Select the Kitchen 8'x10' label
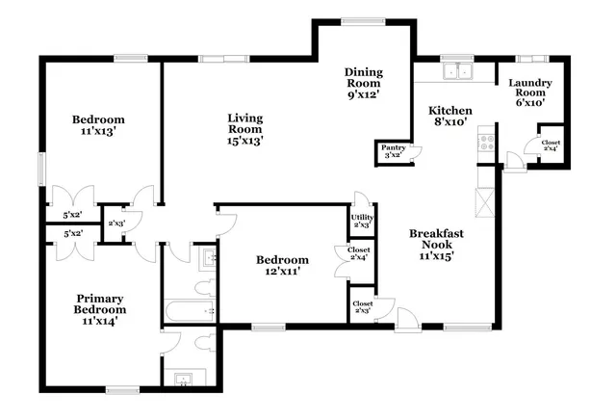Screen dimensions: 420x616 (449, 117)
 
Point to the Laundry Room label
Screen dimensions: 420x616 (529, 89)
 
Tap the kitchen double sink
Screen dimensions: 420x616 (458, 69)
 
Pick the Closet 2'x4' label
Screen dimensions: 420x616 (359, 254)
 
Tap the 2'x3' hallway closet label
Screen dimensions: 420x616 (115, 223)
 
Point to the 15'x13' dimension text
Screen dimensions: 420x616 (244, 140)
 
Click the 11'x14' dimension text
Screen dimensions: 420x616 (100, 323)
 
